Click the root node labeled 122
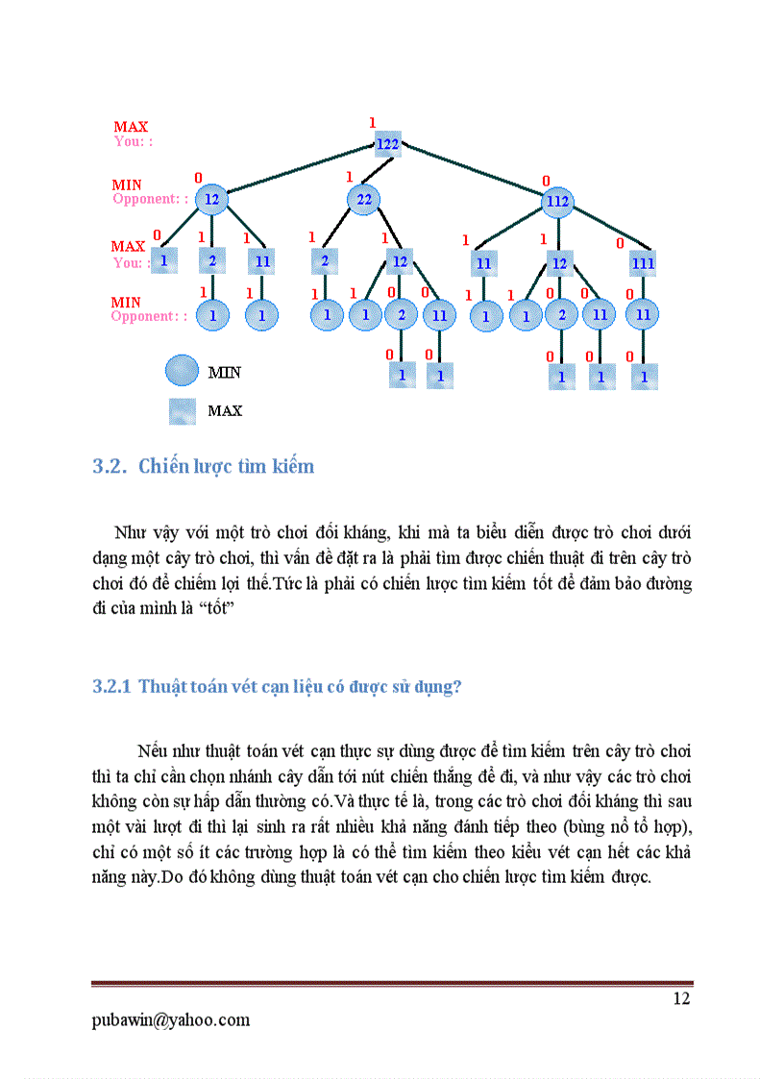[x=387, y=144]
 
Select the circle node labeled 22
[x=364, y=200]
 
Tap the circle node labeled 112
[x=557, y=202]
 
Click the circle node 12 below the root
[x=211, y=200]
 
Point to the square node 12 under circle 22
[x=400, y=260]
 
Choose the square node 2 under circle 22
[x=325, y=260]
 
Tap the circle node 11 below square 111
[x=643, y=314]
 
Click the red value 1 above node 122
[x=372, y=122]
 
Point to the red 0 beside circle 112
[x=546, y=181]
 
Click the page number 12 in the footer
[x=681, y=998]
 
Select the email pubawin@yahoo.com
[x=171, y=1019]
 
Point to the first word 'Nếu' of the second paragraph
[x=153, y=749]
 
